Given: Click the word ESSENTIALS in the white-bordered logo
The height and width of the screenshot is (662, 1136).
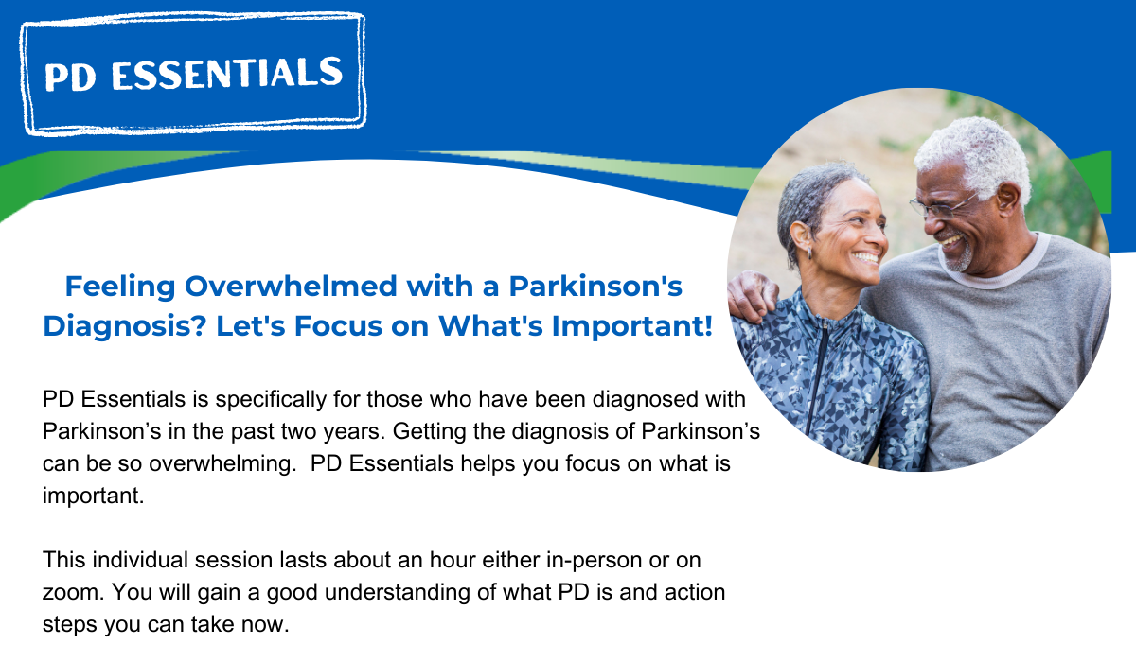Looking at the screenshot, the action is coord(226,74).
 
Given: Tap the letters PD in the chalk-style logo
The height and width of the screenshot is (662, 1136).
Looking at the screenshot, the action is coord(70,77).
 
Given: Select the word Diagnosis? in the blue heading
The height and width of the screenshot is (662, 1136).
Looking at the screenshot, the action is coord(125,326).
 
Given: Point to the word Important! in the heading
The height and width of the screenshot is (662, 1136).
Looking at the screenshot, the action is coord(632,326).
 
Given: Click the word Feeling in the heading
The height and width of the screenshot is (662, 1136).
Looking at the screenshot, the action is coord(120,287).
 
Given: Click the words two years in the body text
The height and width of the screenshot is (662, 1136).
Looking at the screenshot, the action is coord(329,431).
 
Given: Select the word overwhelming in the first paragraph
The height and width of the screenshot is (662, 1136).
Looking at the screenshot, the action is coord(222,464).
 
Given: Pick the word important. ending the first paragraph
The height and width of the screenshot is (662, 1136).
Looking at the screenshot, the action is coord(94,496).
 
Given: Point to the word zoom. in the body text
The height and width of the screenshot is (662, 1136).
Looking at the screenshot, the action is coord(73,593).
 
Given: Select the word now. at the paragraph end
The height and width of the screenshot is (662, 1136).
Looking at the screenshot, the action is coord(265,625).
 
